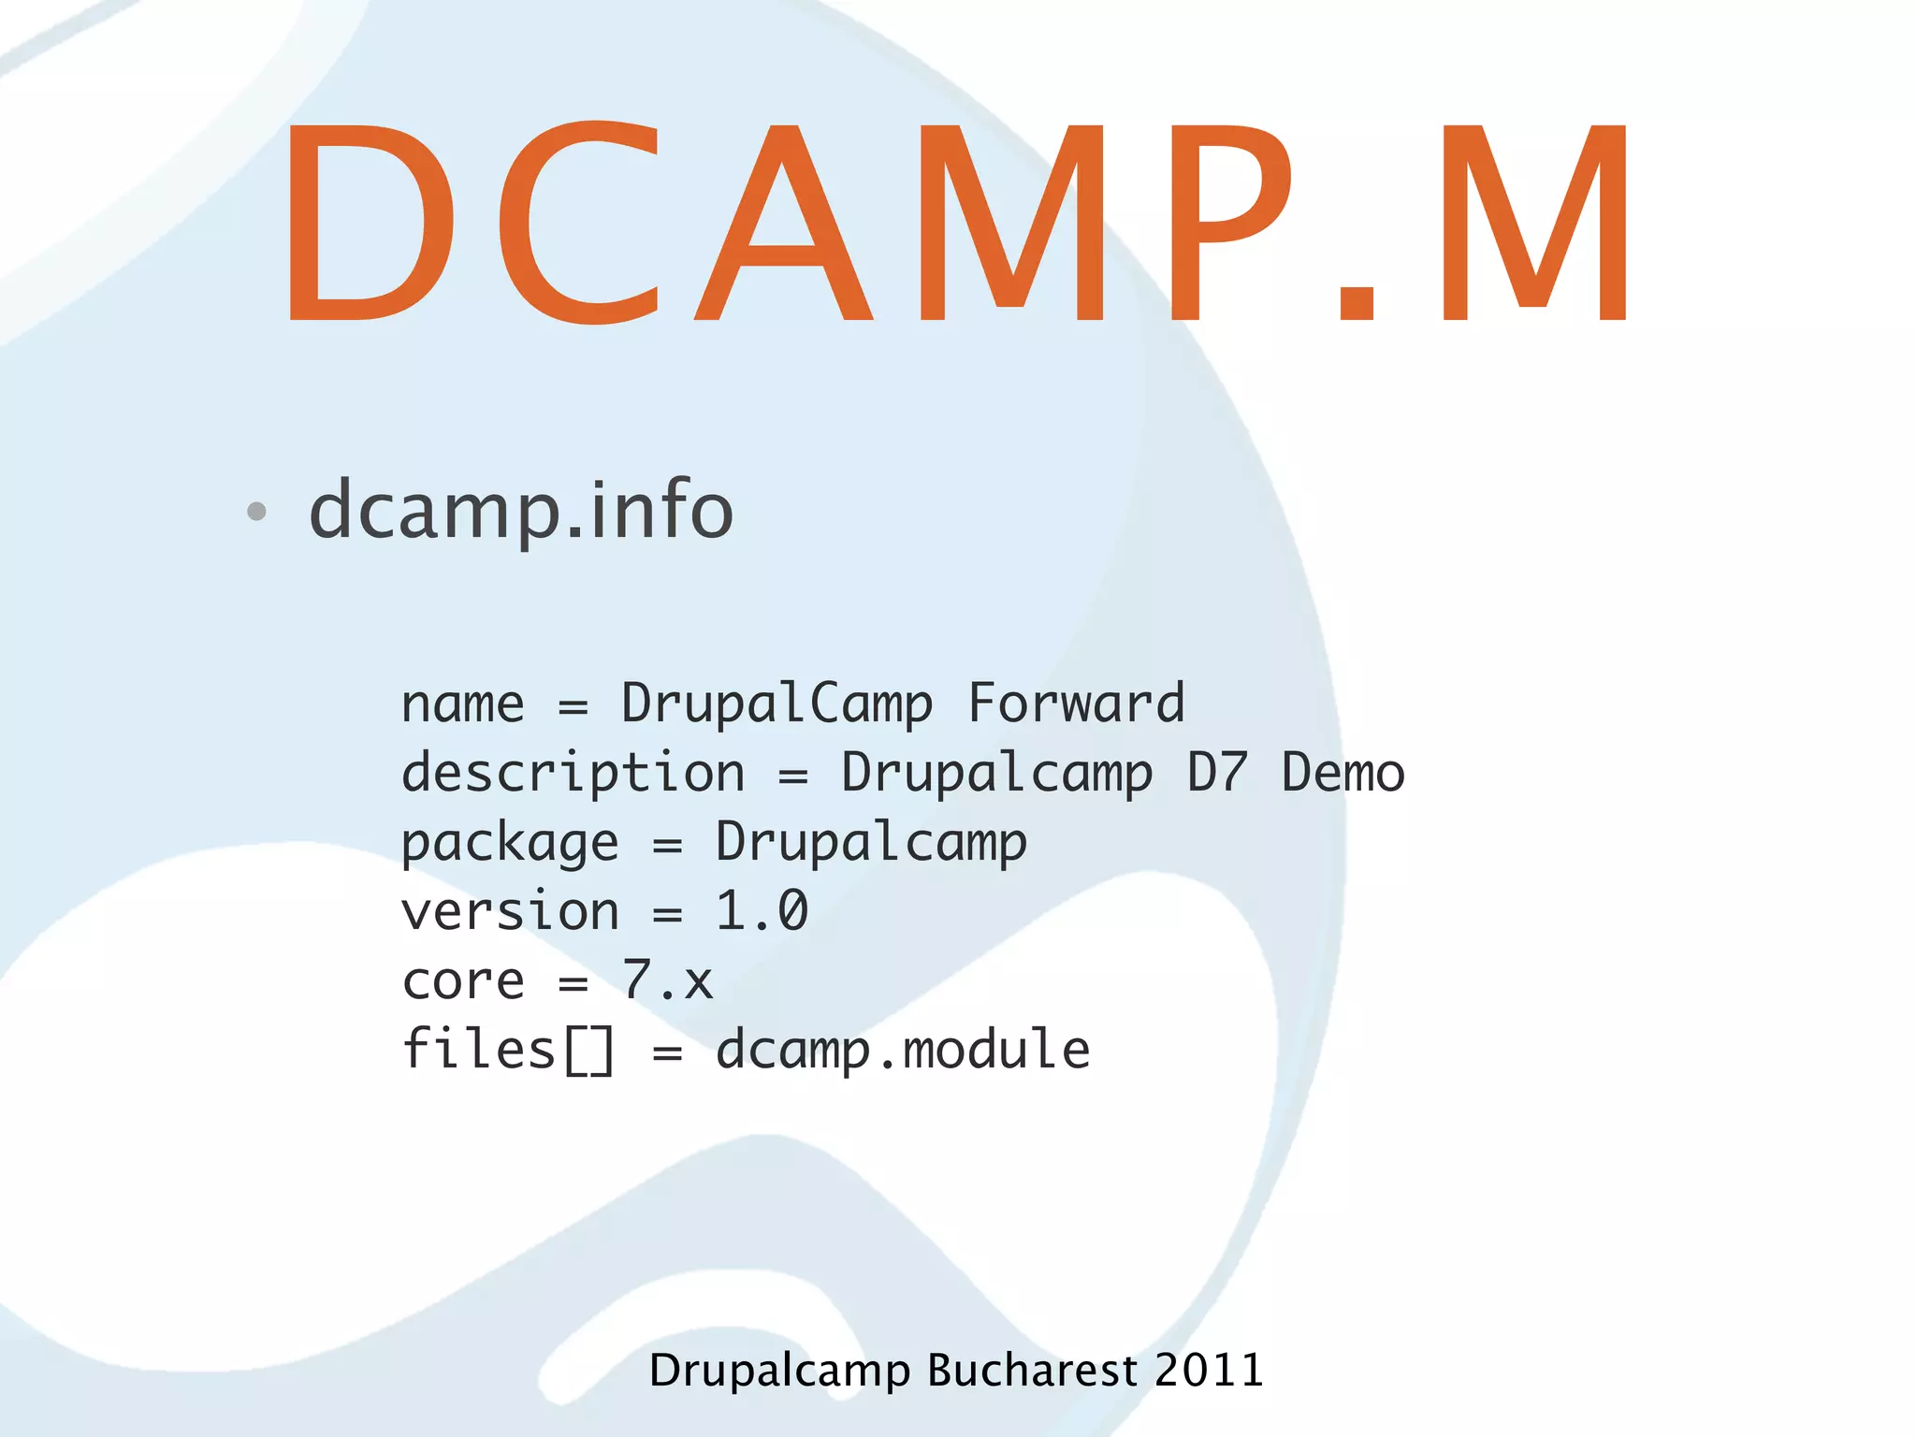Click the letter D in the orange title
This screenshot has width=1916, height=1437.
click(x=370, y=223)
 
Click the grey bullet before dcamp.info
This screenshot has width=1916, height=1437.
click(x=256, y=511)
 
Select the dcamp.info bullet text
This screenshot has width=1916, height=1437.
click(x=521, y=511)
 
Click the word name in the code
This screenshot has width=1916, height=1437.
click(x=462, y=704)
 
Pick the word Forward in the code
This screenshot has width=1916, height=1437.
click(x=1076, y=704)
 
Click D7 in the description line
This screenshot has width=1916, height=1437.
click(x=1216, y=774)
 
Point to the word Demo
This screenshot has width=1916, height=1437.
click(x=1343, y=774)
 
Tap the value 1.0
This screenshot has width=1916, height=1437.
click(x=762, y=911)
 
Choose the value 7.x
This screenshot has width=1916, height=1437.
click(x=667, y=980)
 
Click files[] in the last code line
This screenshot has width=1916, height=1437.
click(x=508, y=1050)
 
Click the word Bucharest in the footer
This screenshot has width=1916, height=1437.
click(x=1032, y=1371)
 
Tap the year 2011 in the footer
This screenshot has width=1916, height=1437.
click(x=1209, y=1371)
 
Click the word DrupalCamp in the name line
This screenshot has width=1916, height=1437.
click(x=777, y=704)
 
